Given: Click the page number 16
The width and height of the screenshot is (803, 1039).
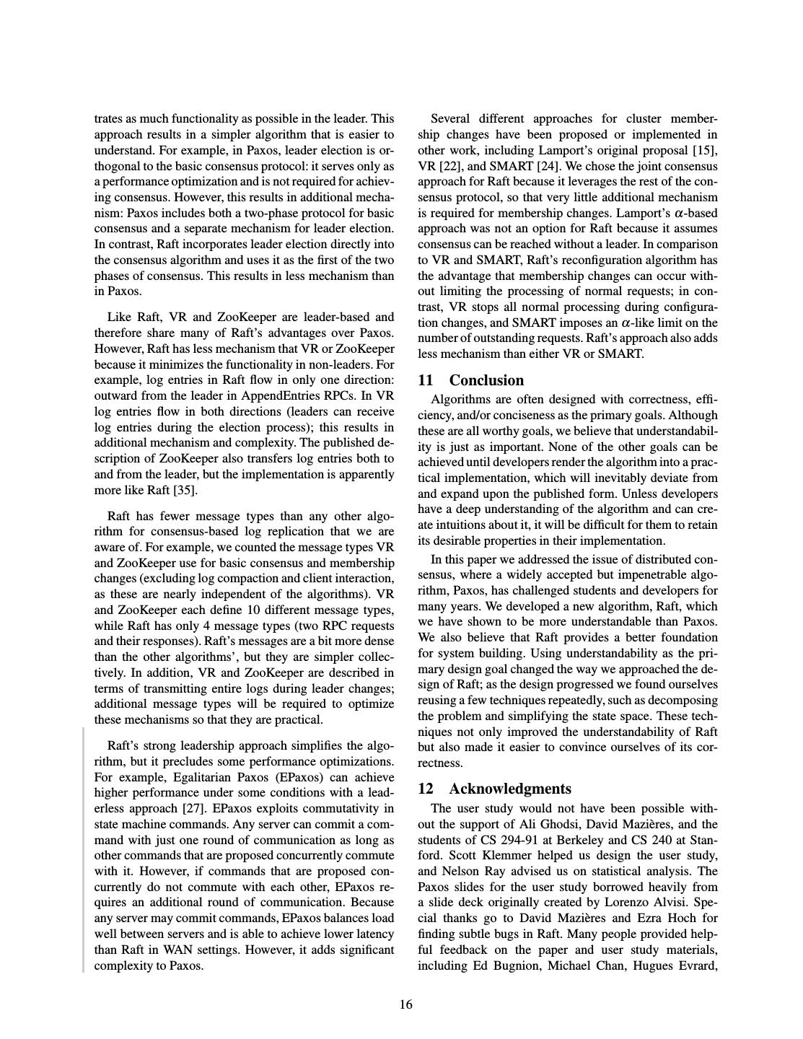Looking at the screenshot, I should click(406, 1004).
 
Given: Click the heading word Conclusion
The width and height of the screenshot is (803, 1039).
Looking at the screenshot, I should click(486, 380).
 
